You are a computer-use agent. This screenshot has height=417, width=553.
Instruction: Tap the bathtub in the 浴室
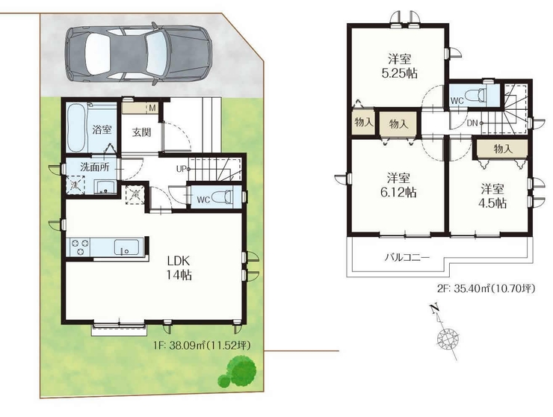76,128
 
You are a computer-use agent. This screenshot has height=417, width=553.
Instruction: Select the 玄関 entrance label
142,132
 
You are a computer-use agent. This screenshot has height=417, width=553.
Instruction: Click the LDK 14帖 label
179,268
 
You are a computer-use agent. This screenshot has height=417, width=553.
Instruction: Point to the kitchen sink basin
126,247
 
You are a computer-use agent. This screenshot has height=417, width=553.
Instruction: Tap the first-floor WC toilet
224,197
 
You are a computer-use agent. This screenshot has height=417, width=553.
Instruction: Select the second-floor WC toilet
476,96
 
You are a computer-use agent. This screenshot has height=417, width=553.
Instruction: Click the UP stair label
182,170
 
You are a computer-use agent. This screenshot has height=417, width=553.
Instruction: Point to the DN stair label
472,123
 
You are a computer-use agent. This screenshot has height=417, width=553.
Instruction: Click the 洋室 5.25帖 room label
400,66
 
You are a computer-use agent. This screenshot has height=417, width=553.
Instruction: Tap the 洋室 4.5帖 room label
492,196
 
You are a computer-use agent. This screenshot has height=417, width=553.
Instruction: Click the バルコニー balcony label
407,257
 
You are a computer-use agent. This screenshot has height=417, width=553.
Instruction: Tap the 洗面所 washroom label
94,167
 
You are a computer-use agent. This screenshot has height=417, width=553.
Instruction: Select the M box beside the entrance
152,108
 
